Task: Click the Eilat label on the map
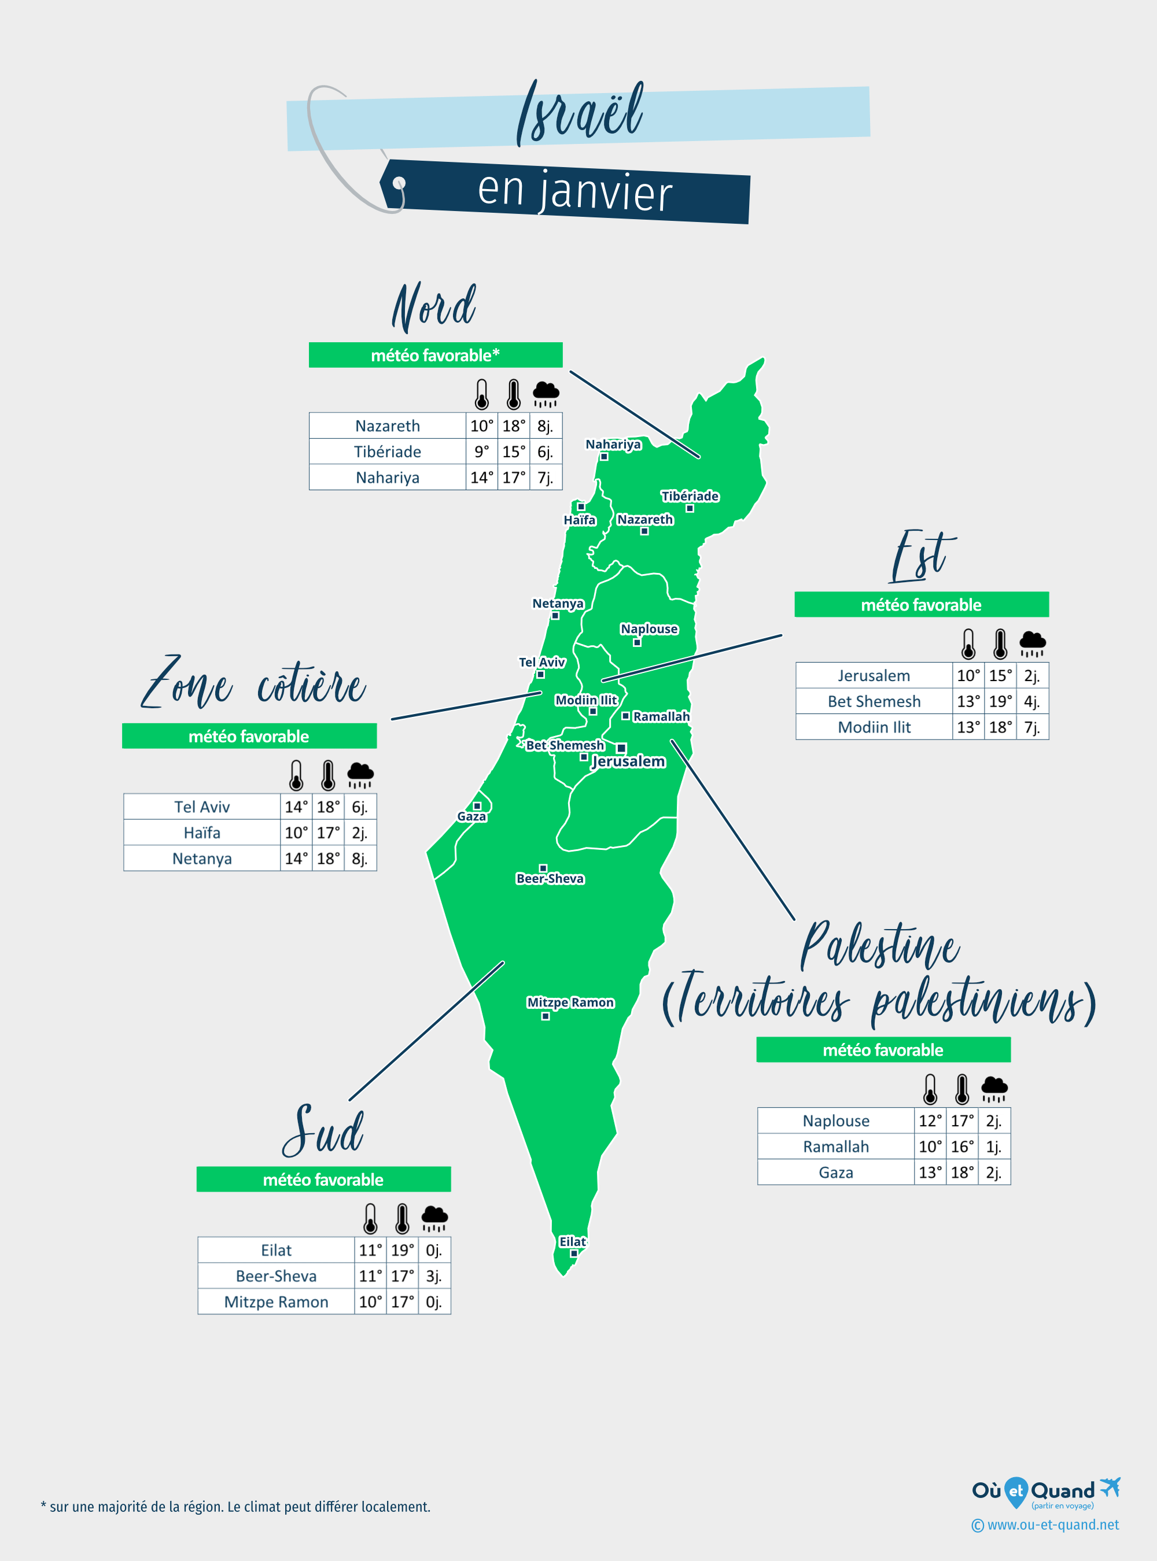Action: point(572,1241)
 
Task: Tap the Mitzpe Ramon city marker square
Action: point(546,1016)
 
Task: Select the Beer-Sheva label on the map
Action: point(550,879)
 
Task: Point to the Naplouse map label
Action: point(649,628)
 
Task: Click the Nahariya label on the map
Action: point(613,444)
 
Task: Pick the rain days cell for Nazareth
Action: point(545,426)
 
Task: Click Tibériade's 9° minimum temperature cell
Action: point(481,452)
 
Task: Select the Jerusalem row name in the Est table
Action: point(874,675)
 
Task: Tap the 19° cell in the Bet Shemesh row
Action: point(1000,701)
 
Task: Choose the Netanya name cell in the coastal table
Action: point(202,858)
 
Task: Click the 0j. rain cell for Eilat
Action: point(433,1250)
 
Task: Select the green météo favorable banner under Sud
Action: point(323,1179)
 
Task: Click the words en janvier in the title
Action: point(574,191)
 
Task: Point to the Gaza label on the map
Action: point(471,816)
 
